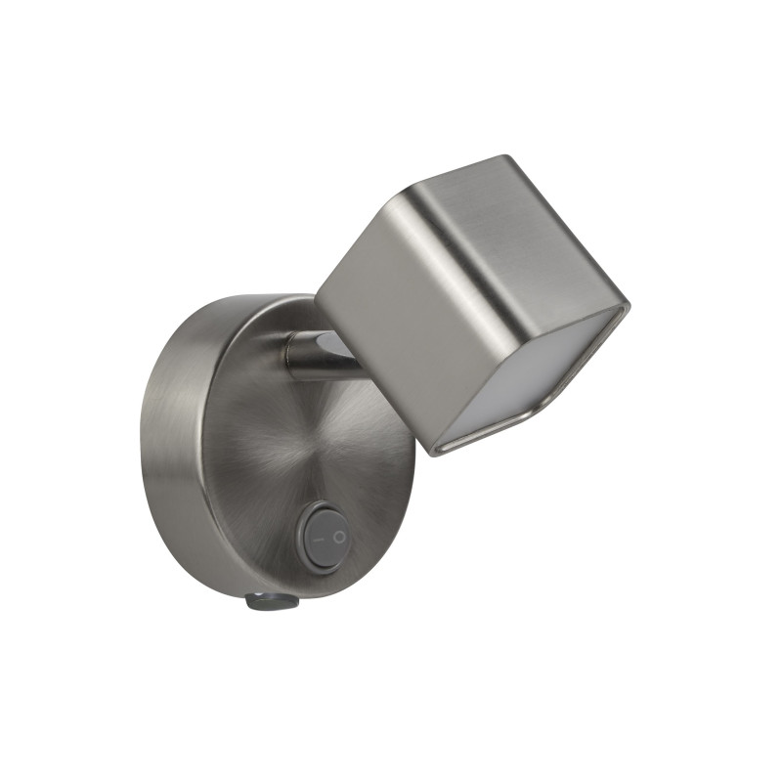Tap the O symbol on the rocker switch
point(338,537)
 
